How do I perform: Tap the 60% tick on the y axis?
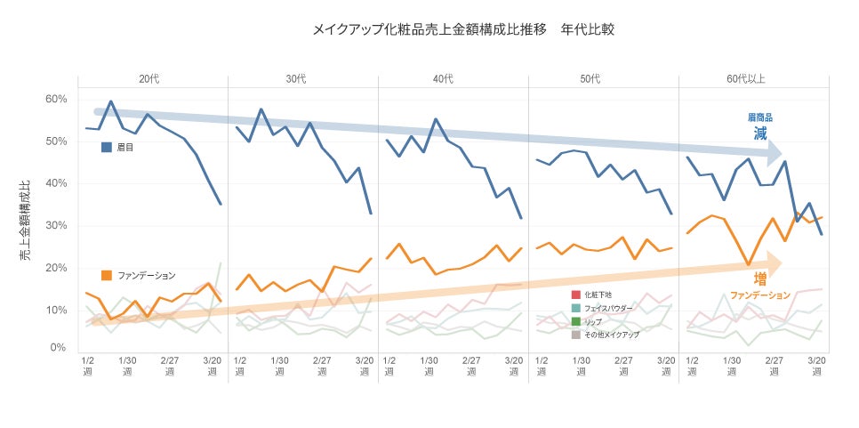[x=56, y=99]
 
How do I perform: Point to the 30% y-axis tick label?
[x=56, y=225]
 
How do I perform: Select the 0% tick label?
[x=60, y=347]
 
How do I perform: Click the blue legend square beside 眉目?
[x=107, y=147]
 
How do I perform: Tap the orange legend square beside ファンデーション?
[x=107, y=275]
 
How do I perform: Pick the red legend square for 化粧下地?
[x=576, y=294]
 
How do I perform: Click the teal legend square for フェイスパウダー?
[x=576, y=307]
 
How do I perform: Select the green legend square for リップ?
[x=576, y=320]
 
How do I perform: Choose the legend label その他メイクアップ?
[x=612, y=334]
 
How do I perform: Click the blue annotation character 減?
[x=760, y=133]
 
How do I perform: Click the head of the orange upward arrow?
[x=775, y=263]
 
